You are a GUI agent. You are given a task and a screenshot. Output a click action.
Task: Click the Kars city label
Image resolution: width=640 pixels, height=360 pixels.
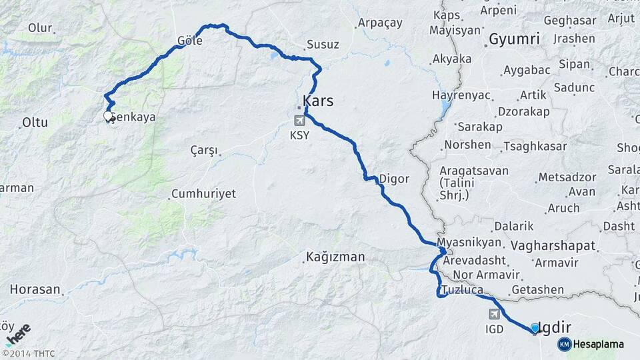(318, 102)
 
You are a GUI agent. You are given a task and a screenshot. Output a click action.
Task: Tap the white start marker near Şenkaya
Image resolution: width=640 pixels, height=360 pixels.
(108, 116)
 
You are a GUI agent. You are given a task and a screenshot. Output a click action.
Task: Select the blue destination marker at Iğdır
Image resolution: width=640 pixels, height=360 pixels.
(535, 328)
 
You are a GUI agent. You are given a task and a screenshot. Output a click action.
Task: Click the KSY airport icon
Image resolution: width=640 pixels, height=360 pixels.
(299, 121)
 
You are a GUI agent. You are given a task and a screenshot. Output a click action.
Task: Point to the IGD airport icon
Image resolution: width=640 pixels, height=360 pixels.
(495, 314)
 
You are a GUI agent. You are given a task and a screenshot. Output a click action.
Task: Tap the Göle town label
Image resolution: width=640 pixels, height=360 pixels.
(190, 41)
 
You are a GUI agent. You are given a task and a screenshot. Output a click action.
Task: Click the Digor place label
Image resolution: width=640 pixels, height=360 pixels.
(394, 179)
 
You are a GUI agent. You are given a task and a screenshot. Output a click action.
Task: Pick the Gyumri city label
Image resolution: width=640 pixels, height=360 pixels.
(514, 39)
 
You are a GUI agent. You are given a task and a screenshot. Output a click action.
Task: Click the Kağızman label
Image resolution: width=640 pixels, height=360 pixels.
(335, 257)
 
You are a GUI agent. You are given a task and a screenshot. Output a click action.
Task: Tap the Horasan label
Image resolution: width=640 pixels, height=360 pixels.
(35, 290)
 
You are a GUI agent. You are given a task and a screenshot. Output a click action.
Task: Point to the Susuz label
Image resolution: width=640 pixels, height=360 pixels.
(323, 45)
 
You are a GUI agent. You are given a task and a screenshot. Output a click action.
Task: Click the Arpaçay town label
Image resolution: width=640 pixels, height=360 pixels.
(380, 23)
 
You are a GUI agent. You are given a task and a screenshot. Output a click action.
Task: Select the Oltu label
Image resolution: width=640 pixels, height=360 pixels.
(35, 122)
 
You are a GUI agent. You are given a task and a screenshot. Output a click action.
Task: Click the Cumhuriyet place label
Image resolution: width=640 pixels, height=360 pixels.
(203, 193)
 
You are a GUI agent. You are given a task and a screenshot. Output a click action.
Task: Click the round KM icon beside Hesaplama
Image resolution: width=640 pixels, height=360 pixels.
(564, 344)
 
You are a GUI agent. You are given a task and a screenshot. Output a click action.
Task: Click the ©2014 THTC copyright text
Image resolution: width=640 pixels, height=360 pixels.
(29, 353)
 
